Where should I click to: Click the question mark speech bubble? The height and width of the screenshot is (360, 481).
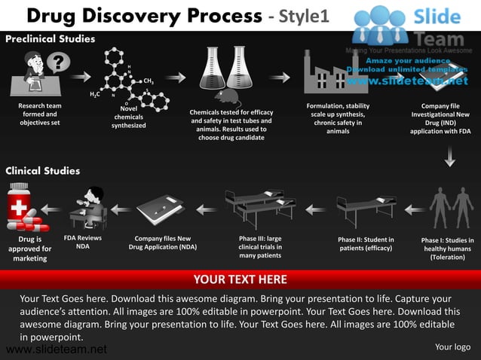[59, 63]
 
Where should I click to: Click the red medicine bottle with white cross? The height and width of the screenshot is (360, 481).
[19, 203]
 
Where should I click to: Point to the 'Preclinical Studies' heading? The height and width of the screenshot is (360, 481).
[50, 38]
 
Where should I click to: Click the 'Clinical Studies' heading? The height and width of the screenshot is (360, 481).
[42, 171]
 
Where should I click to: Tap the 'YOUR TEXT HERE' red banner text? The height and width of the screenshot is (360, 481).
[240, 279]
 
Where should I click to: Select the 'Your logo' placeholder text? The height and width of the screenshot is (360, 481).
[452, 347]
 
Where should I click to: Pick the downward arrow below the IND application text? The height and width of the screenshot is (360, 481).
[450, 157]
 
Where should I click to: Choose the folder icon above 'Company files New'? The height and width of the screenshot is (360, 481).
[161, 210]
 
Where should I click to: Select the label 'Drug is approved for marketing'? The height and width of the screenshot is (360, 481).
[30, 249]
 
